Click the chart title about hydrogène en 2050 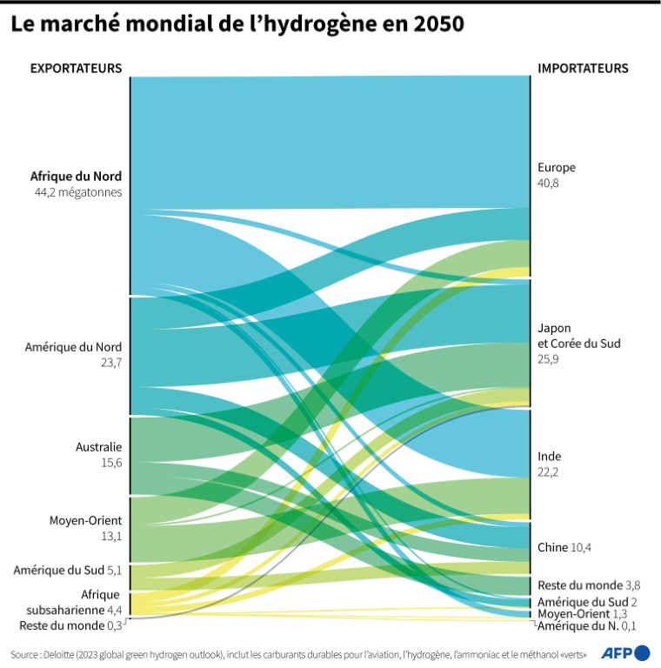pos(237,25)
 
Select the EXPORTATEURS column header pos(77,69)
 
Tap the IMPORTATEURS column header pos(583,69)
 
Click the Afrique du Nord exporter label pos(77,177)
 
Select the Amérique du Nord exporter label pos(73,347)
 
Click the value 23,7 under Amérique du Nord pos(111,362)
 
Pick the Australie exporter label pos(98,447)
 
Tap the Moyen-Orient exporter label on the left pos(85,521)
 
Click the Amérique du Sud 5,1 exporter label pos(68,571)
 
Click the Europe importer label pos(557,168)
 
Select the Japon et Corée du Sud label pos(578,336)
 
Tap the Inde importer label pos(549,457)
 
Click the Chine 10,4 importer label pos(564,547)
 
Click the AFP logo pos(626,652)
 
